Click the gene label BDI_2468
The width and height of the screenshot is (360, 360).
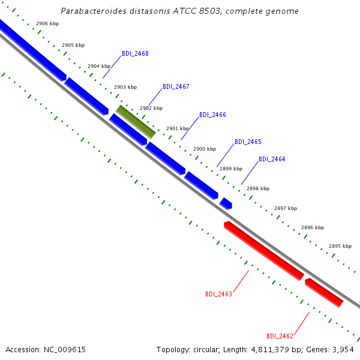coord(135,54)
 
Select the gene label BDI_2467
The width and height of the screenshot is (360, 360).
coord(176,87)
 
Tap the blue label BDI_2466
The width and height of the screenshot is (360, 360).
coord(212,115)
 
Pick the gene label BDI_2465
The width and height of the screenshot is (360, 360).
coord(248,142)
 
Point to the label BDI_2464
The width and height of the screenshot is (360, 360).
coord(272,160)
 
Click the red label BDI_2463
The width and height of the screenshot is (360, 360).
coord(218,295)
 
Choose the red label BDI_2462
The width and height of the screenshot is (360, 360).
coord(280,337)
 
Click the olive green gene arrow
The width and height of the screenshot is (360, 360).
coord(136,122)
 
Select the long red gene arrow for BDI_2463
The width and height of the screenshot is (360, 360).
coord(264,251)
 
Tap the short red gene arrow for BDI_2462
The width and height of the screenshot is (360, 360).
coord(324,293)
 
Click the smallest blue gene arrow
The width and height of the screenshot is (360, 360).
coord(226,203)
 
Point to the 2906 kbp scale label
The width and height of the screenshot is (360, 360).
coord(47,23)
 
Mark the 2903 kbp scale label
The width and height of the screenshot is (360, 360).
coord(125,87)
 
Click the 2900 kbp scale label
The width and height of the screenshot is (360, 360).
coord(205,149)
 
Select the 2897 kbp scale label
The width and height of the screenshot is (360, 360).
coord(286,208)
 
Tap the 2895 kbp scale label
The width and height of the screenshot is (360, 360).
coord(340,247)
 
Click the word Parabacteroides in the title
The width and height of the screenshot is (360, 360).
coord(94,11)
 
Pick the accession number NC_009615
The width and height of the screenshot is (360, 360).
coord(65,350)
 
